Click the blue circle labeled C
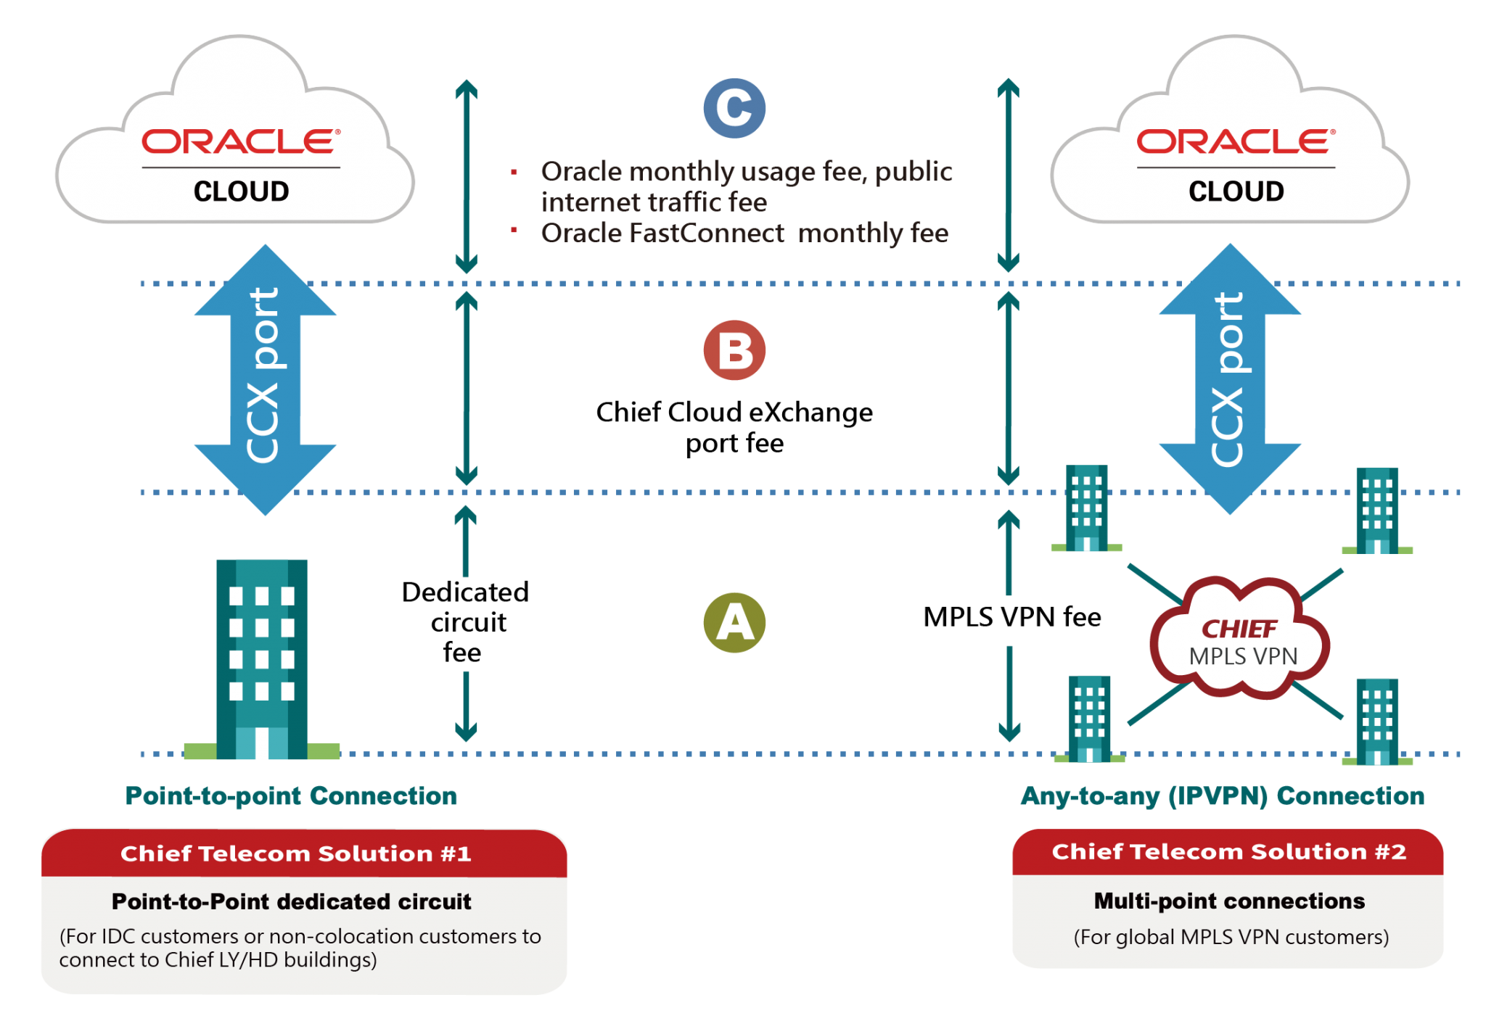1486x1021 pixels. (x=734, y=108)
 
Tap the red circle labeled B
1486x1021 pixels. (x=734, y=351)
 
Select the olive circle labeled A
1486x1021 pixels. (x=734, y=623)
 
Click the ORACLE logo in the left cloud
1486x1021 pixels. (x=240, y=142)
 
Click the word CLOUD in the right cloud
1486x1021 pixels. (x=1236, y=191)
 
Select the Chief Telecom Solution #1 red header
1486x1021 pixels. (x=296, y=853)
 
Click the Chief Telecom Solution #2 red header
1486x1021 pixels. (x=1228, y=852)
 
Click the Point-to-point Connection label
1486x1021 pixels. (x=291, y=796)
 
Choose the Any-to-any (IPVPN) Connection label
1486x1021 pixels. (x=1223, y=796)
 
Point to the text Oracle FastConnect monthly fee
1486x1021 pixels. (x=744, y=233)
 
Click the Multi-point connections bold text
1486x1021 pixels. (x=1229, y=901)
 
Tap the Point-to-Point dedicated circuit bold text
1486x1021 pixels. (x=291, y=901)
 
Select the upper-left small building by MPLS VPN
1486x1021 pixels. (x=1086, y=508)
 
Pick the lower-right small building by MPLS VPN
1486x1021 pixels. (x=1376, y=721)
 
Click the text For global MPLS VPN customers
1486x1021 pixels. (x=1231, y=937)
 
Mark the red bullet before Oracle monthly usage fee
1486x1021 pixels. (x=514, y=173)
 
